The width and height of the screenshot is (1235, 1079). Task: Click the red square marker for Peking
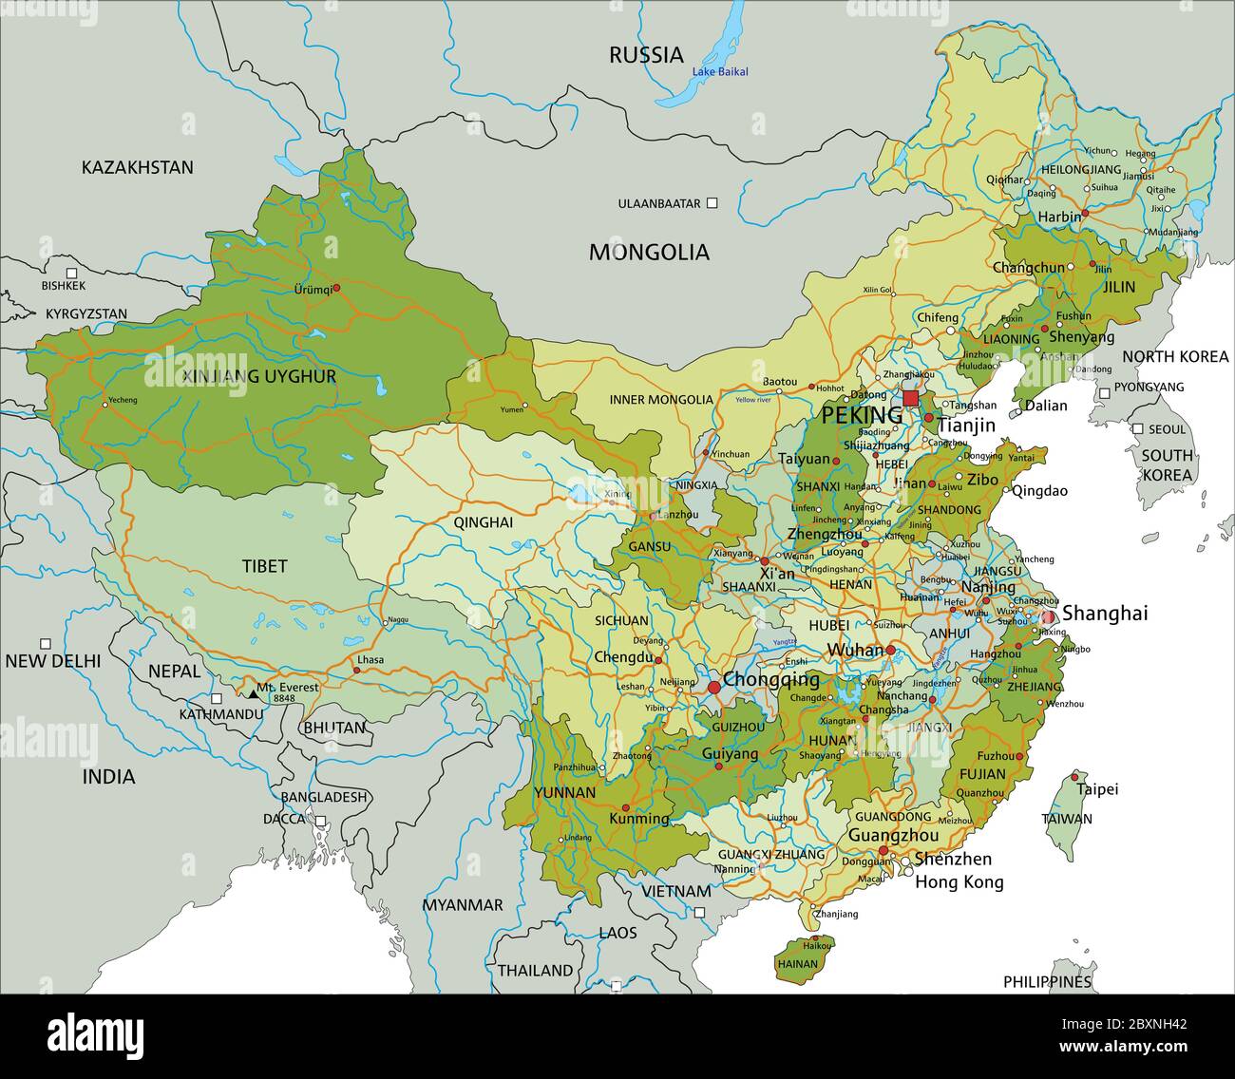click(911, 398)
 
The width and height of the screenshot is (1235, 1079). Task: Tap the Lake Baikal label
click(719, 72)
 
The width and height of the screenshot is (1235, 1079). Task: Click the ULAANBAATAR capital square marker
click(712, 203)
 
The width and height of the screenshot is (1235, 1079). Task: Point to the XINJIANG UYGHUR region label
click(259, 376)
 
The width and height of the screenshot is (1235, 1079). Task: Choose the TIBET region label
click(264, 566)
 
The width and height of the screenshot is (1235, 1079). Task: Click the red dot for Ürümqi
click(335, 285)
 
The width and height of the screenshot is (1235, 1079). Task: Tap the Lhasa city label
click(370, 659)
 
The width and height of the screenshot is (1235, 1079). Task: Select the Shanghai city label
click(1104, 614)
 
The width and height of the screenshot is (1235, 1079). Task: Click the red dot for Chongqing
click(713, 687)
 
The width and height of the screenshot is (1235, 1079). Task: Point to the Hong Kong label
click(959, 881)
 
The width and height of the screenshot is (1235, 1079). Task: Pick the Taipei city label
click(1096, 788)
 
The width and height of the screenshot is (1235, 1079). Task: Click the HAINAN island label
click(797, 963)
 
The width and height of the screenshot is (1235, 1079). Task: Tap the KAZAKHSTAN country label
click(137, 168)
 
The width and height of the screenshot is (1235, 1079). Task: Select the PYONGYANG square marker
click(1104, 392)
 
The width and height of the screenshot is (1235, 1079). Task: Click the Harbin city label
click(1058, 217)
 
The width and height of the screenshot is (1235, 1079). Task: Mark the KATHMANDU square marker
click(218, 698)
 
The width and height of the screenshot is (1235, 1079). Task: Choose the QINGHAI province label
click(483, 521)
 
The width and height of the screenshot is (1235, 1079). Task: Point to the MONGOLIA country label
click(649, 252)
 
